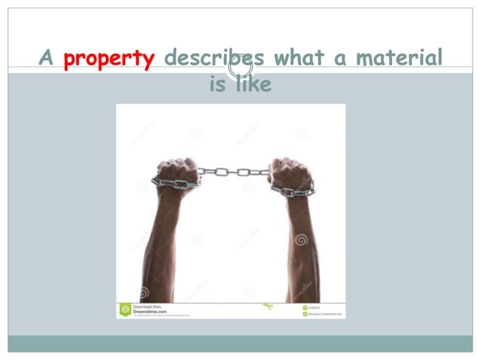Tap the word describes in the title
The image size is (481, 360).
pos(213,59)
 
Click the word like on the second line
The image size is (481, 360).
pos(253,85)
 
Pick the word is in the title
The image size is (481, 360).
pos(217,85)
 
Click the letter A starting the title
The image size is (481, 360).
pos(47,59)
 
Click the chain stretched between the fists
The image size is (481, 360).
pos(234,172)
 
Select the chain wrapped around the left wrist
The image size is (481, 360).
pos(174,183)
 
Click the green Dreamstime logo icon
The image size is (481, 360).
pos(125,310)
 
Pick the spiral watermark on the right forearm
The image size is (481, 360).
pos(302,240)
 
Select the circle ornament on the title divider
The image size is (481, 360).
pos(240,68)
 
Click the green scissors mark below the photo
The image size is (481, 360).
pos(267,307)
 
